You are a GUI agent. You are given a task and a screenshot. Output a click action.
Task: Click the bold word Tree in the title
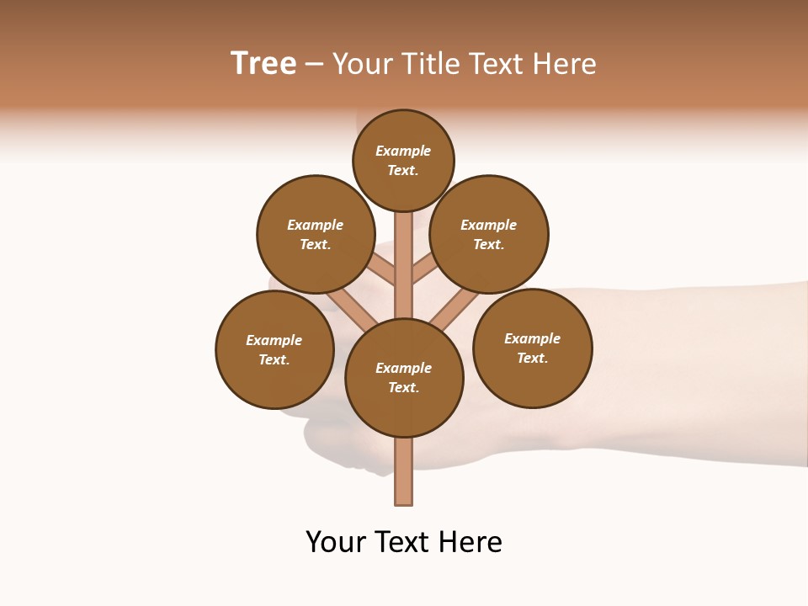point(263,64)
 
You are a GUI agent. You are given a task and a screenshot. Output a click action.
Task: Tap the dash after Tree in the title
point(314,65)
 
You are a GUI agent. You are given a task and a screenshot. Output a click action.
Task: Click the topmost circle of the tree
point(403,160)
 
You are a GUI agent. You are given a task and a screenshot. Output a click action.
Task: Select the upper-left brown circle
point(315,234)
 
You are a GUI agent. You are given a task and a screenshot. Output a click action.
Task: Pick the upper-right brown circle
point(489,234)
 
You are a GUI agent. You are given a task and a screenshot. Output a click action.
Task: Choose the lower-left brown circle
point(274,349)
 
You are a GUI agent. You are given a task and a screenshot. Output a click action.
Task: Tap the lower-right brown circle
point(532,348)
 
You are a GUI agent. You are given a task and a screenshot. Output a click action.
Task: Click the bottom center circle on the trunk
point(404,378)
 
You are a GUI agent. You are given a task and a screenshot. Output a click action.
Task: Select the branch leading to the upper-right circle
point(423,270)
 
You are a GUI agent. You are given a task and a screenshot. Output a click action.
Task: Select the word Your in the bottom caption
point(334,542)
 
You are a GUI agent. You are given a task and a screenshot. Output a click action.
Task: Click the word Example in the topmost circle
point(403,151)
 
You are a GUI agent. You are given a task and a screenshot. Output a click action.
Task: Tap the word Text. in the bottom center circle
point(403,388)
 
